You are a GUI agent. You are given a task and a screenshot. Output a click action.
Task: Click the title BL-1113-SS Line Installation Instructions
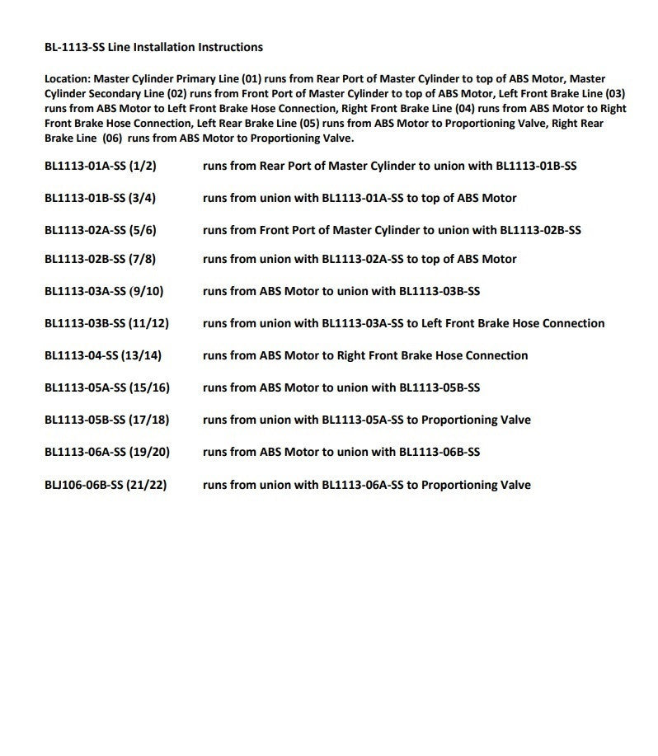tap(153, 47)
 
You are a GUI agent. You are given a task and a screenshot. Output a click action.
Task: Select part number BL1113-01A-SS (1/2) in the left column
tap(100, 166)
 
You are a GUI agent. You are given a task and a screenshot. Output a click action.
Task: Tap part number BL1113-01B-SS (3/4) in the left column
tap(100, 198)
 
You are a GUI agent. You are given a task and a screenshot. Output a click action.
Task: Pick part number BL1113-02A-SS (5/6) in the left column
tap(100, 230)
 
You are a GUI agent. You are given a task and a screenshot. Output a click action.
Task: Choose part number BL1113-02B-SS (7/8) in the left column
tap(100, 259)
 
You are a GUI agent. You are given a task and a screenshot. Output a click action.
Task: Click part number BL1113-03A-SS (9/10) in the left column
tap(104, 291)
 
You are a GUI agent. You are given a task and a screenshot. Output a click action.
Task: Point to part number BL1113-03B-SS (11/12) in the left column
tap(106, 323)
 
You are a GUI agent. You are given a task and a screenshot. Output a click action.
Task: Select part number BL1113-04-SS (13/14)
tap(103, 355)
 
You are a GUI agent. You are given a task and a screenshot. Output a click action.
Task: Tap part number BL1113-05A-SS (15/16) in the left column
tap(107, 387)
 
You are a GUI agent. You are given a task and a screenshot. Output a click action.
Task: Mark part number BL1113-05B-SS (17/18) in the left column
tap(107, 420)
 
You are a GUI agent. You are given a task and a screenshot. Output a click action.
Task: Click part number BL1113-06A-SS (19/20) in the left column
tap(107, 452)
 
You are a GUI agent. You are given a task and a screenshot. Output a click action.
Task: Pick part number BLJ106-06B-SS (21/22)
tap(106, 485)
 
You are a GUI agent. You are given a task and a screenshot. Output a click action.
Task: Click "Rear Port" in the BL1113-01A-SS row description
tap(285, 166)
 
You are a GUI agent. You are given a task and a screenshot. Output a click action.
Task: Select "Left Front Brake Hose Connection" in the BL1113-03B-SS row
tap(512, 323)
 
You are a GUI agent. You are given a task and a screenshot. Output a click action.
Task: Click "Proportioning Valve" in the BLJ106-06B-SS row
tap(476, 485)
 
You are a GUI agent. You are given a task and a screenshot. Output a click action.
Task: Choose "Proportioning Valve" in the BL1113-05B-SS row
tap(476, 420)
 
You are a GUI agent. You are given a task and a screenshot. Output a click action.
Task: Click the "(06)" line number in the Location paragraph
tap(112, 139)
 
